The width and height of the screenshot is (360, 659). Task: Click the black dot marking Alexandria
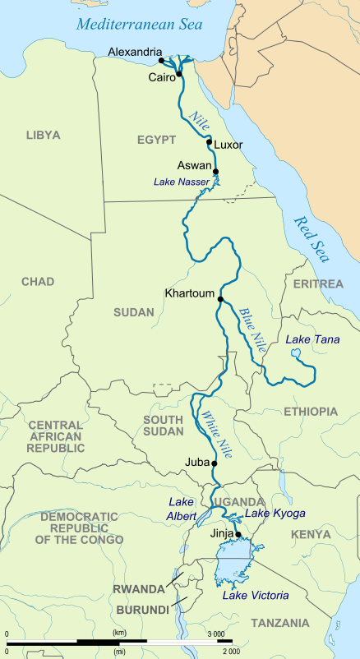click(x=162, y=60)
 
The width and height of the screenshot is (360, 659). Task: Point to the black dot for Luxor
click(x=210, y=142)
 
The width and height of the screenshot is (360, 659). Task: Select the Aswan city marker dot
click(x=216, y=171)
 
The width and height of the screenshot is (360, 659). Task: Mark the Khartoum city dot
click(x=220, y=299)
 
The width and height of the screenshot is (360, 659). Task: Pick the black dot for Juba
click(x=215, y=463)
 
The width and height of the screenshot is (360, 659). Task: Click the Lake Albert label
click(x=182, y=509)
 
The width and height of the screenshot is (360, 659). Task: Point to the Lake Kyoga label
click(x=275, y=514)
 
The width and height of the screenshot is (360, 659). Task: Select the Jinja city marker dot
click(x=238, y=534)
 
